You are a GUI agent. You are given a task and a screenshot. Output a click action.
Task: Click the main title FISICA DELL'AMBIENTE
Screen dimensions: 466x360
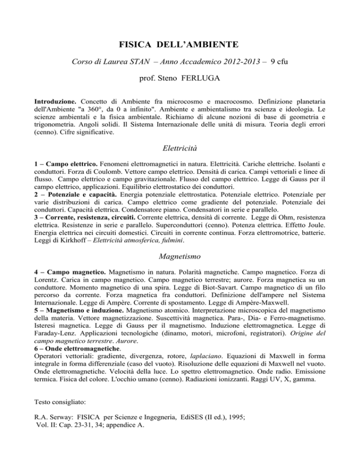coord(180,45)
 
